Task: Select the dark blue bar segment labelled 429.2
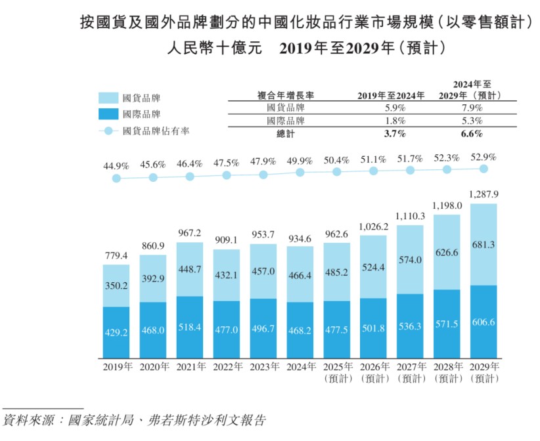coord(116,333)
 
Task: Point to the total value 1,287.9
coord(483,194)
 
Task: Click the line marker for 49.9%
coord(300,173)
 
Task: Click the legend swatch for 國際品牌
coord(108,114)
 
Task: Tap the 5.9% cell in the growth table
coord(392,108)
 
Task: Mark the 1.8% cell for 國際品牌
coord(392,121)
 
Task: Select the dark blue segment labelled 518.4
coord(190,326)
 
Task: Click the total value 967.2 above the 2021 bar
coord(190,234)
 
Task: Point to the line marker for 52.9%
coord(484,169)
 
